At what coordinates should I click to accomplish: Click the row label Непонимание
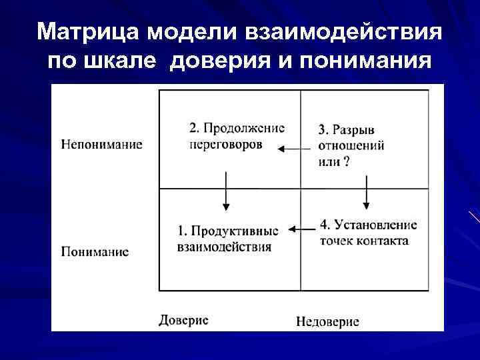click(x=101, y=144)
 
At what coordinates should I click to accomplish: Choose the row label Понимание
click(x=95, y=251)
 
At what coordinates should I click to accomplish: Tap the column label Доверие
click(x=183, y=320)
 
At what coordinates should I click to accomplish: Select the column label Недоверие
click(x=327, y=322)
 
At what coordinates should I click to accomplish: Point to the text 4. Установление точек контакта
click(x=368, y=232)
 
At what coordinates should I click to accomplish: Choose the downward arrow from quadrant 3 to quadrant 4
click(x=366, y=192)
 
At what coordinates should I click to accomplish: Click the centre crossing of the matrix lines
click(x=301, y=189)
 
